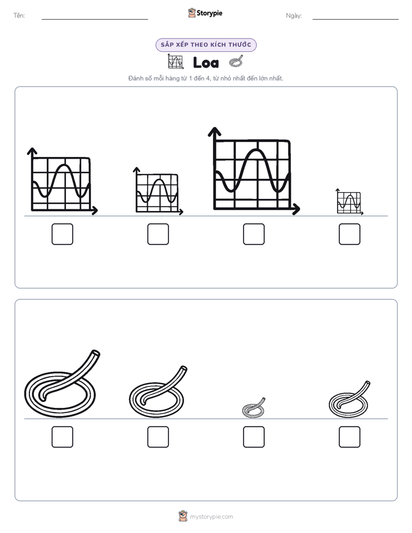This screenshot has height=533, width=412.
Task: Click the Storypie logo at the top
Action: (x=205, y=13)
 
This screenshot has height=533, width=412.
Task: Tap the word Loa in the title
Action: (x=206, y=62)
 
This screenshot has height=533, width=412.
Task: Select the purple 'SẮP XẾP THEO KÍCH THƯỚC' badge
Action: (x=206, y=45)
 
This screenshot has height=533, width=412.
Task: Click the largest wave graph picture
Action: (x=254, y=171)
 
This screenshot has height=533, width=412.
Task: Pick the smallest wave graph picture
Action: (x=350, y=201)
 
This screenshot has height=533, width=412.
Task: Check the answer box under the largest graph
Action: (x=254, y=234)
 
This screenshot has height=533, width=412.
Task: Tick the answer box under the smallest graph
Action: (x=350, y=234)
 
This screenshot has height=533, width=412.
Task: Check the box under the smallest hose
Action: (x=254, y=437)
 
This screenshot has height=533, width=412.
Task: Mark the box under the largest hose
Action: (x=62, y=437)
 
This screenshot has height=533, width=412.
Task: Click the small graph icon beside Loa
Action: (x=176, y=61)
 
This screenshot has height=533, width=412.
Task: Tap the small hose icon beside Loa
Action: (x=236, y=61)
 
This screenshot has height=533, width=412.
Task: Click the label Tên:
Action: (x=19, y=16)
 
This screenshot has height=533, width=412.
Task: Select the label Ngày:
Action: (x=294, y=16)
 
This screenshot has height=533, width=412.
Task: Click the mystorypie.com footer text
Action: (x=211, y=517)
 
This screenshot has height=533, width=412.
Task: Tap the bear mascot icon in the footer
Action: (x=183, y=516)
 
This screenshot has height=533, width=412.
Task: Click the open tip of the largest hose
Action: (x=96, y=353)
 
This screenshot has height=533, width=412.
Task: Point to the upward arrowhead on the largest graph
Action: (x=215, y=132)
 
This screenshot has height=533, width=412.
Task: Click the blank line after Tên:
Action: (x=95, y=19)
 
